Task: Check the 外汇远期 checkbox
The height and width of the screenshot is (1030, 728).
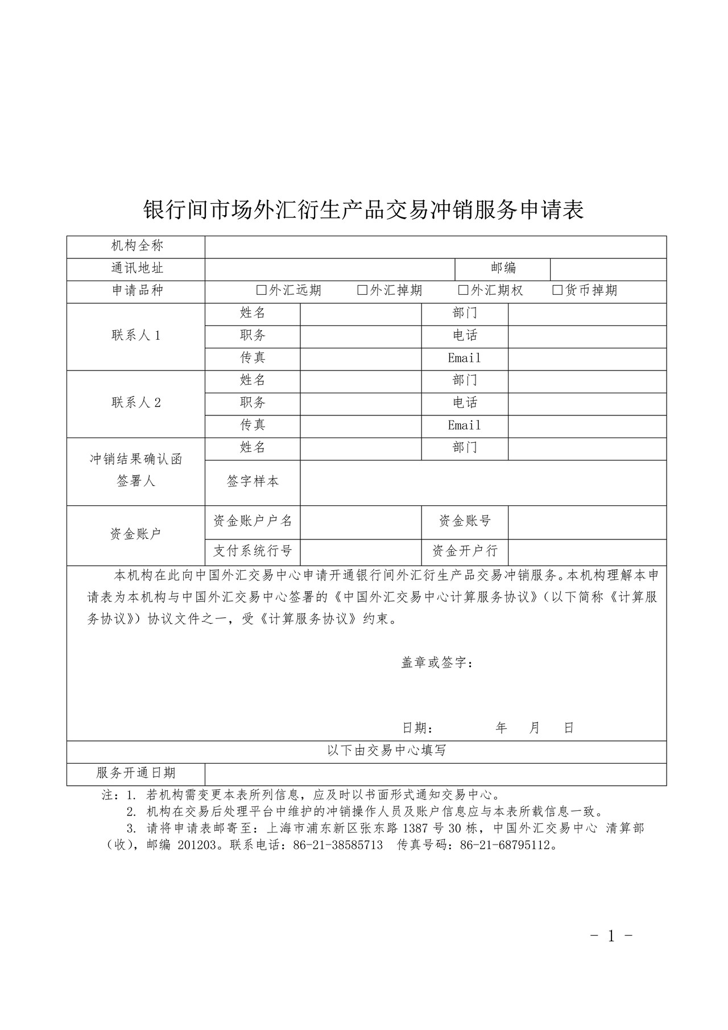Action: (262, 290)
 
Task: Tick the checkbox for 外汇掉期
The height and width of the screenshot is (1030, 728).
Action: (362, 290)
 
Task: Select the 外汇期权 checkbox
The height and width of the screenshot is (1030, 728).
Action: (463, 290)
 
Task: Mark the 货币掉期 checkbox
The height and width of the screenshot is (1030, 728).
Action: (557, 290)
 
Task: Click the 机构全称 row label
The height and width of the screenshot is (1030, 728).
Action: (136, 246)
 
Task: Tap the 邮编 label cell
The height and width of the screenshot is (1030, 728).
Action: (503, 268)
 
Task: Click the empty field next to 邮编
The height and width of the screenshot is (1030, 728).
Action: (608, 269)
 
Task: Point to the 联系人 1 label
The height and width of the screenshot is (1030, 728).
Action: (136, 336)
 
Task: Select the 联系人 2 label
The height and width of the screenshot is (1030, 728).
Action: (136, 403)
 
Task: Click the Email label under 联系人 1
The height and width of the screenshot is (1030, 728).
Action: (464, 359)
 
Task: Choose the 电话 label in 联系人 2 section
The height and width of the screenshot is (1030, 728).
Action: (464, 403)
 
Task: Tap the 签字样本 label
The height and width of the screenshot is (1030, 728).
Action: (253, 481)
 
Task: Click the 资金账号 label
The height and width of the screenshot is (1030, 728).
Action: (464, 521)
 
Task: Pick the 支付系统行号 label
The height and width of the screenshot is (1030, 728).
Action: (253, 551)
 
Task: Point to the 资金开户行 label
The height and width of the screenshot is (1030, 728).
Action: (464, 551)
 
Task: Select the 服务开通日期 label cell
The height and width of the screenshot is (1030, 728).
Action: (136, 773)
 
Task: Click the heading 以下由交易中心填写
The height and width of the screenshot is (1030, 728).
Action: (386, 751)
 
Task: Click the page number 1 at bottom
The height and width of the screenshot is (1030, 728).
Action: (611, 936)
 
